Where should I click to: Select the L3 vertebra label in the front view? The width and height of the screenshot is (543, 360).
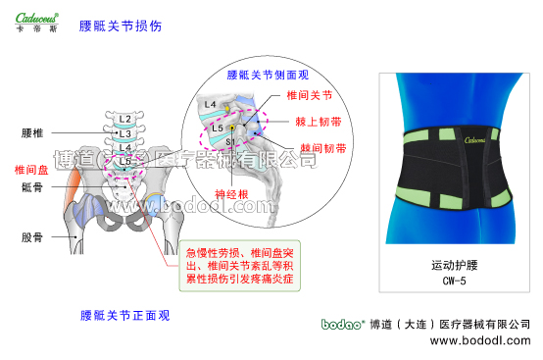[x=124, y=133]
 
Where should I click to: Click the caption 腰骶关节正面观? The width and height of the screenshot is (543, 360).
[x=125, y=316]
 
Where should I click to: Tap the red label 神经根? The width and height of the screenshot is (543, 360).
[x=233, y=193]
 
